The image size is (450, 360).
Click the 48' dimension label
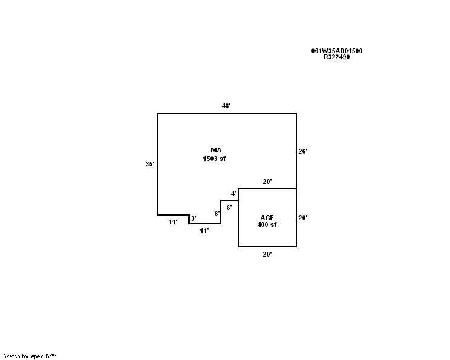pos(226,106)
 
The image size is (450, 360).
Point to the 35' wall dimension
pos(150,164)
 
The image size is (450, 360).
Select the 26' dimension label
pos(303,151)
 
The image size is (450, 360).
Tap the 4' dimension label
pos(233,194)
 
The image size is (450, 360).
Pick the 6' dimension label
pos(229,208)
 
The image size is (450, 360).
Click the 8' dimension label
pos(217,214)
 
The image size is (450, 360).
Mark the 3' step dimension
pos(194,218)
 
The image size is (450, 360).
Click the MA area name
pos(216,150)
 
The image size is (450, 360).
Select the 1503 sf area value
pos(214,159)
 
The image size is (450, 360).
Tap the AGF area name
pos(267,218)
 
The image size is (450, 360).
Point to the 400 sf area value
pos(267,224)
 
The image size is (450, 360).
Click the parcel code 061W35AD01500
pos(337,51)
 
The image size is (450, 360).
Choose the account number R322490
pos(337,57)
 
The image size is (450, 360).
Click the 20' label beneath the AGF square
pos(267,254)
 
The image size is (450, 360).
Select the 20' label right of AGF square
pos(303,218)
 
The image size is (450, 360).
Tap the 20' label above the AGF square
pos(267,182)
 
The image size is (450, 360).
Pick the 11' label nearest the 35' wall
pos(173,222)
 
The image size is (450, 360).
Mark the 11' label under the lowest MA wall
pos(204,231)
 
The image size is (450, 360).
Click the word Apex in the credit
pos(37,356)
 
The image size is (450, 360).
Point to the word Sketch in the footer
pos(11,356)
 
